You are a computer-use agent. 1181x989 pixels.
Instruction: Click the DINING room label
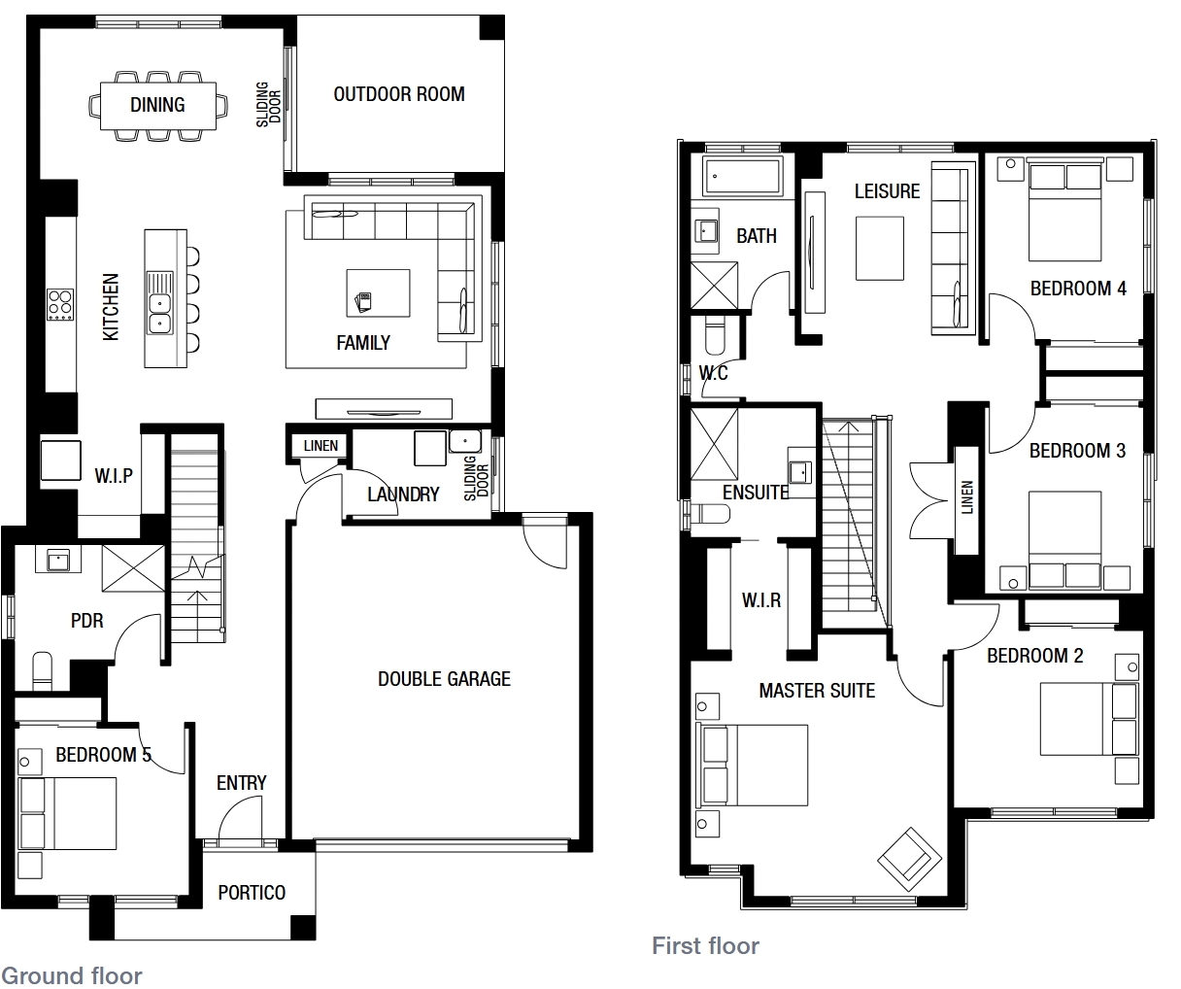pyautogui.click(x=157, y=105)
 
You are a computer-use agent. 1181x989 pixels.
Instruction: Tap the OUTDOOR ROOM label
pyautogui.click(x=399, y=94)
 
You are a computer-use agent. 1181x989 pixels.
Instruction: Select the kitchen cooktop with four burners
pyautogui.click(x=60, y=305)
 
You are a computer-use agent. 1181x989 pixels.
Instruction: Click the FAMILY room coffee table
pyautogui.click(x=378, y=293)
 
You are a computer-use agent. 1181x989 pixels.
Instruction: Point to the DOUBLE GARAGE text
pyautogui.click(x=444, y=678)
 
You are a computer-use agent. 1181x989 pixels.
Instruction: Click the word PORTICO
pyautogui.click(x=252, y=892)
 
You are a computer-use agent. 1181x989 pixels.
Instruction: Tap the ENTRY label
pyautogui.click(x=242, y=782)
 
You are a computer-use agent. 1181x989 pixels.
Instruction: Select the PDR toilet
pyautogui.click(x=43, y=671)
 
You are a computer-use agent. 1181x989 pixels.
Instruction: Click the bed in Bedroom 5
pyautogui.click(x=67, y=813)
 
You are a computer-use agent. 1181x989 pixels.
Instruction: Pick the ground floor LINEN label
pyautogui.click(x=321, y=446)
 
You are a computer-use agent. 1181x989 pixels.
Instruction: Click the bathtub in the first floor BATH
pyautogui.click(x=742, y=177)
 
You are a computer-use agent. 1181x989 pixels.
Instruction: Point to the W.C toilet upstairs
pyautogui.click(x=715, y=335)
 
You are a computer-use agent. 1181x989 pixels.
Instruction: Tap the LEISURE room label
pyautogui.click(x=887, y=191)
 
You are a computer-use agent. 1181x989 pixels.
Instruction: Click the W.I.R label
pyautogui.click(x=761, y=600)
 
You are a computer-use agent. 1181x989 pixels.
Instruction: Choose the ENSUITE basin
pyautogui.click(x=800, y=471)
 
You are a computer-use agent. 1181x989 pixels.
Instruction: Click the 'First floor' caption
pyautogui.click(x=705, y=946)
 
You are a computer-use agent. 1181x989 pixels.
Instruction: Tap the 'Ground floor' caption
pyautogui.click(x=72, y=976)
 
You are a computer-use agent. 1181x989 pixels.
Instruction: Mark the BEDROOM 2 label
pyautogui.click(x=1035, y=655)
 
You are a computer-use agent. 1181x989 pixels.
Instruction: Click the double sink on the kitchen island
pyautogui.click(x=160, y=313)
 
